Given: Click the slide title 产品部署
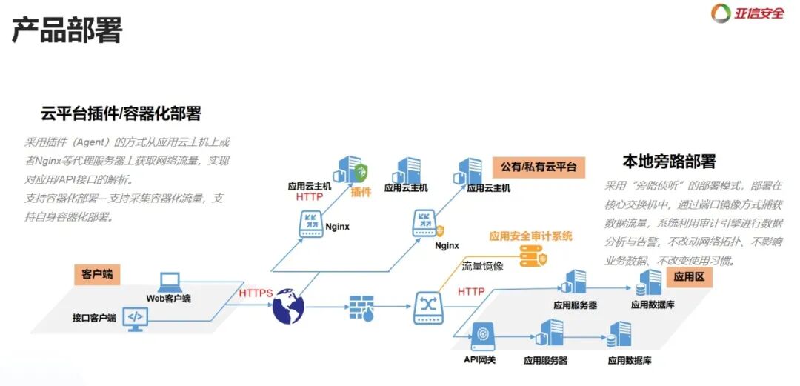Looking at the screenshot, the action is point(67,30).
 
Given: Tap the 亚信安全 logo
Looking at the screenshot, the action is point(747,13).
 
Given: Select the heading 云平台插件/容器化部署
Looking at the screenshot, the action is point(121,114).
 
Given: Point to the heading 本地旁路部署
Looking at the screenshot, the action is point(669,162).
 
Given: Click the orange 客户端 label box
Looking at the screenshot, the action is point(97,274).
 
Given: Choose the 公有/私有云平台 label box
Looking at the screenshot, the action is point(538,166).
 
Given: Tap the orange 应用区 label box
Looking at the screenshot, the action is point(688,277).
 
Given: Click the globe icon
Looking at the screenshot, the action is point(288,307).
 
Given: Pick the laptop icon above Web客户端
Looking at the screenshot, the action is point(169,282).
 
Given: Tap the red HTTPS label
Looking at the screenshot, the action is point(256,293).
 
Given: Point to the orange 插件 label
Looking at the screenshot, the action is point(361,192).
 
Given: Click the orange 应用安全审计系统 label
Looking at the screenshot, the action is point(530,236).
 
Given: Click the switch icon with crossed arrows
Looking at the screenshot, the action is point(427,306).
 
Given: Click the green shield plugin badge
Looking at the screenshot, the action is point(361,174).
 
